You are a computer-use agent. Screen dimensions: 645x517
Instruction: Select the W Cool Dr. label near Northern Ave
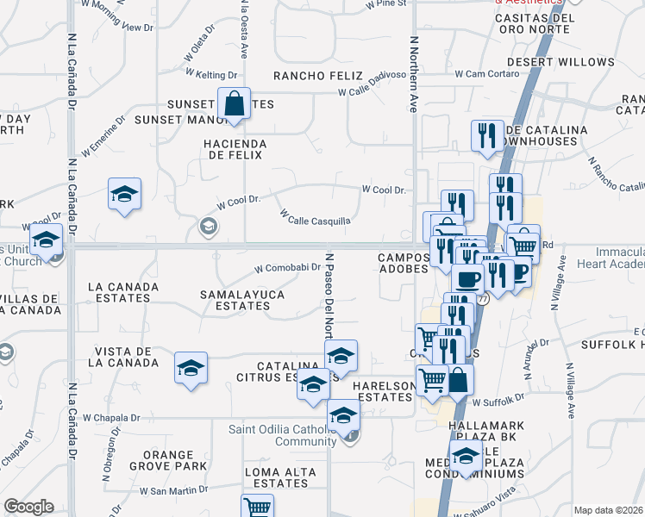383,189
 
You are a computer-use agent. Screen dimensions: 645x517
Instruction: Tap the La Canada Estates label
120,291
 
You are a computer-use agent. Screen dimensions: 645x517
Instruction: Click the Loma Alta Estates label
277,477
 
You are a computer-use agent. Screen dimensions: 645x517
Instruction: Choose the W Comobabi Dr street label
287,269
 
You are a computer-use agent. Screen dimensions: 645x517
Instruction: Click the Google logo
28,507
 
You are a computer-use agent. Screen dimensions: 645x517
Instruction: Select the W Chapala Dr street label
111,418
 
